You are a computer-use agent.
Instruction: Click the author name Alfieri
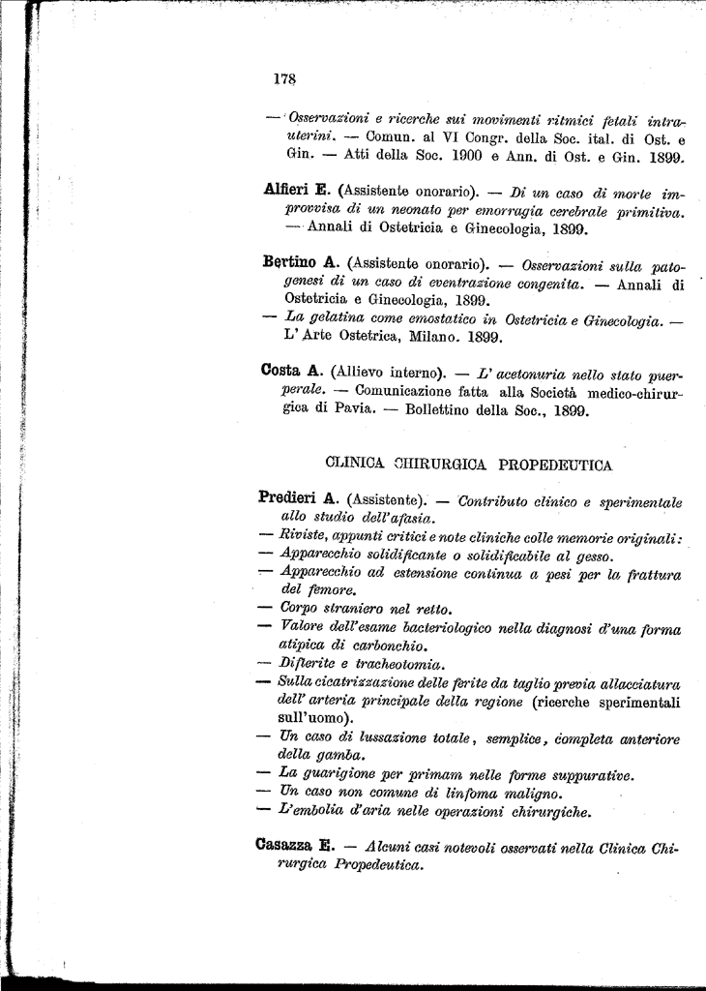289,191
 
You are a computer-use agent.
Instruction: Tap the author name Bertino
291,262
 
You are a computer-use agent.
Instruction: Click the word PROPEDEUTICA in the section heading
555,465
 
